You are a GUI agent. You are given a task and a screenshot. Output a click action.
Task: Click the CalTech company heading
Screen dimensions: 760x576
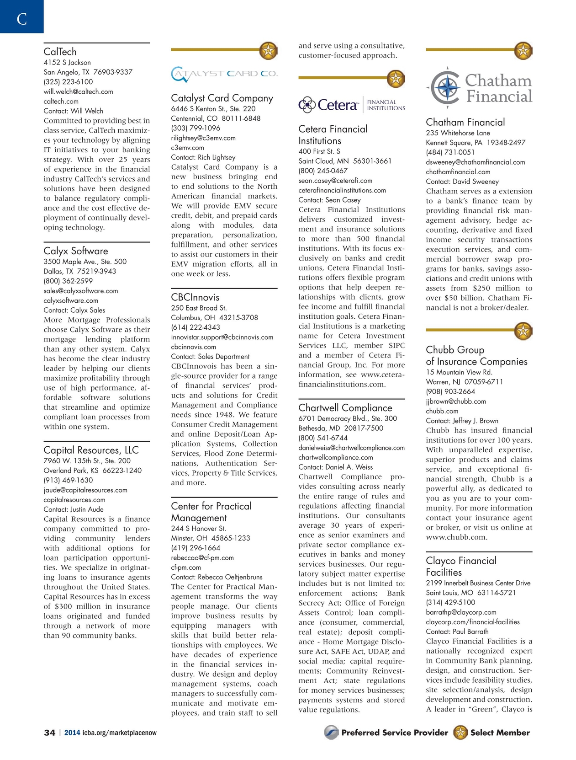coord(60,52)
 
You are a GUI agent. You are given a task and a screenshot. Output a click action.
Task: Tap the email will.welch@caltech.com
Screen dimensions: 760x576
coord(78,91)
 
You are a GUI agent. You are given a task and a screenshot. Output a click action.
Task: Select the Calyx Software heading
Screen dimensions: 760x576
coord(76,251)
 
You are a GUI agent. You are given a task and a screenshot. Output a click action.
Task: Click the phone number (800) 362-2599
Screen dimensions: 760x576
coord(68,281)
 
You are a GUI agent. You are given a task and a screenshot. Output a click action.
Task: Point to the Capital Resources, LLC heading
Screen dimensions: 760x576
coord(91,450)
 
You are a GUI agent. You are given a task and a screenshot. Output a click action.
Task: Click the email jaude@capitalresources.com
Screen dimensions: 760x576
coord(85,490)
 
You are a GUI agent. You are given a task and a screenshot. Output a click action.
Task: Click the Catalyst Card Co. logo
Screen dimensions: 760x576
coord(224,74)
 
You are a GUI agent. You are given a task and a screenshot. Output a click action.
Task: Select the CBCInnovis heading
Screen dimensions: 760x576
coord(195,297)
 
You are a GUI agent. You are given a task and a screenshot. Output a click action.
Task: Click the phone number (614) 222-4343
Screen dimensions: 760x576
coord(196,327)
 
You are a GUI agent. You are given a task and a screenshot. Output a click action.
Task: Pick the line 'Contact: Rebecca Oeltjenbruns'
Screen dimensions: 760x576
coord(217,577)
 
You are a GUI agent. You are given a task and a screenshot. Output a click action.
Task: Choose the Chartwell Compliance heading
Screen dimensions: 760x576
coord(345,407)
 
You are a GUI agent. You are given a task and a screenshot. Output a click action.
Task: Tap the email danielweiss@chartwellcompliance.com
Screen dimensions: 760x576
coord(351,448)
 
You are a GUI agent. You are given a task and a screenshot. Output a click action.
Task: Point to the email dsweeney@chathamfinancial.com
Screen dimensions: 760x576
coord(476,162)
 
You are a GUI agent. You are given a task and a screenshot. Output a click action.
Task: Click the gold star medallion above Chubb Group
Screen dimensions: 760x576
coord(523,330)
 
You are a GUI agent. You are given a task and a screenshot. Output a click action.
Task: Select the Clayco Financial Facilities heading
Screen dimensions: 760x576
coord(461,566)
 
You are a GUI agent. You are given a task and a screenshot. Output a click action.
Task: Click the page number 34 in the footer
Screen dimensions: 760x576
coord(49,733)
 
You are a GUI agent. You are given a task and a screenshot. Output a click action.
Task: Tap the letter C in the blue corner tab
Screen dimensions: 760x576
coord(21,19)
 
